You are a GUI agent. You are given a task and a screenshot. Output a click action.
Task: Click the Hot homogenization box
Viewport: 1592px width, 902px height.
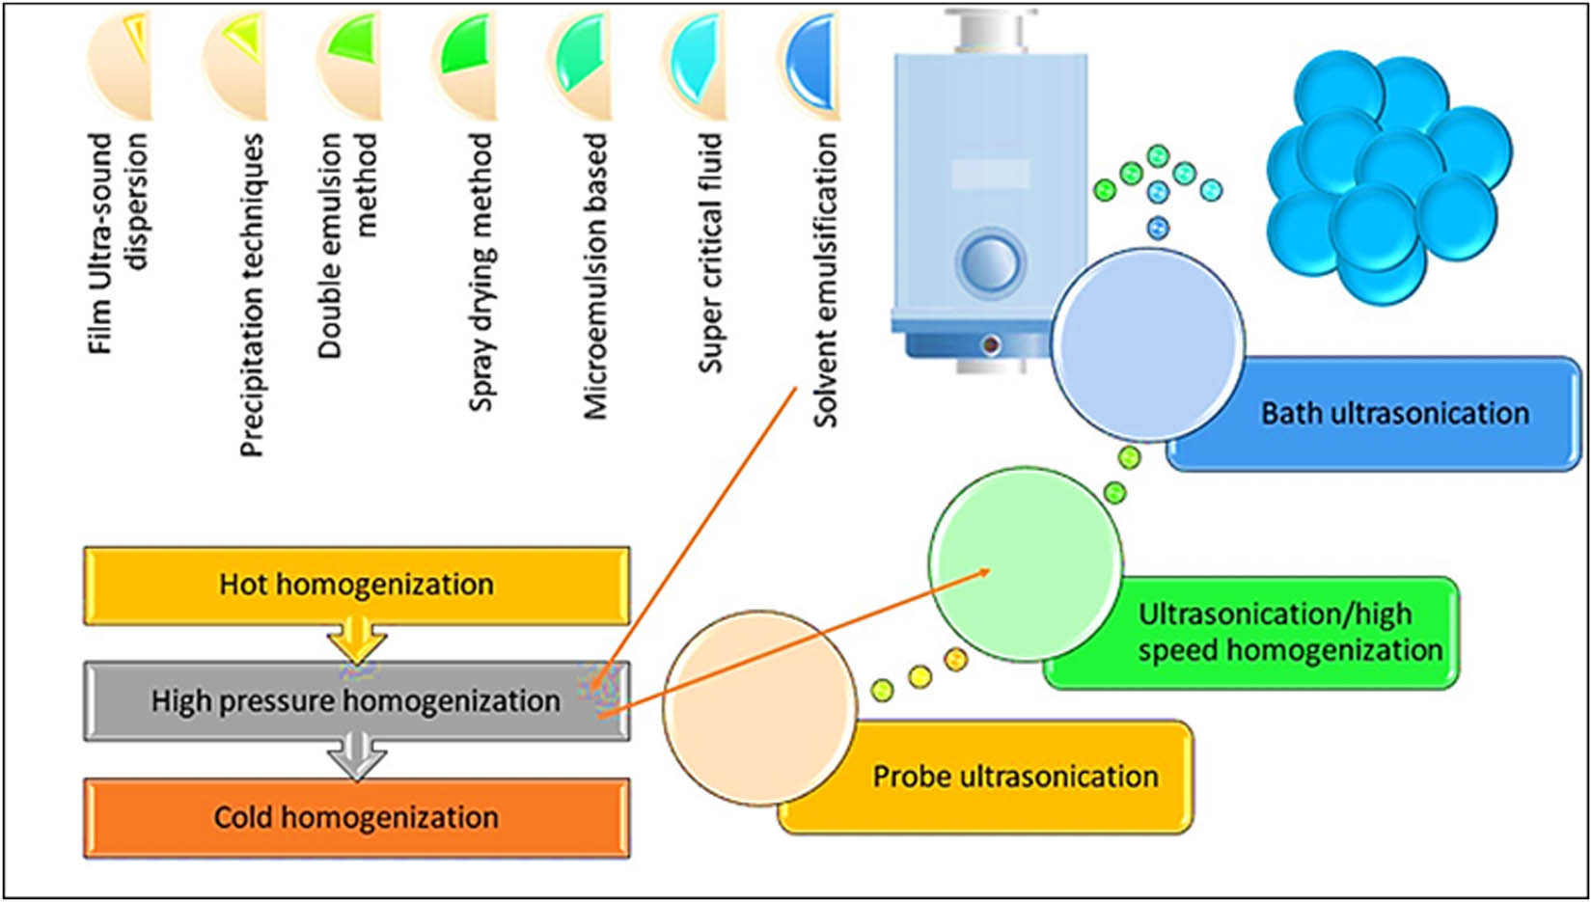point(357,585)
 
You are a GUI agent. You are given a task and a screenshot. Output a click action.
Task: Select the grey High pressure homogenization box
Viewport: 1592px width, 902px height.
point(357,701)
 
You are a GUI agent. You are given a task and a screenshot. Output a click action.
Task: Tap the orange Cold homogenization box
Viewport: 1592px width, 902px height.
point(357,818)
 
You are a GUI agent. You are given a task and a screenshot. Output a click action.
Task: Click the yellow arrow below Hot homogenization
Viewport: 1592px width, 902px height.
point(357,642)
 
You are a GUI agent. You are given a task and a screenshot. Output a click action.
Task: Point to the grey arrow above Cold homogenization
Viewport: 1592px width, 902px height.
point(357,757)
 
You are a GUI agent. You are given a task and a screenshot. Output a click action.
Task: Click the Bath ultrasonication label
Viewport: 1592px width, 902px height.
point(1394,414)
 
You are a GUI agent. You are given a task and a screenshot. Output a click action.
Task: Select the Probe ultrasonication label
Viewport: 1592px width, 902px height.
point(1015,777)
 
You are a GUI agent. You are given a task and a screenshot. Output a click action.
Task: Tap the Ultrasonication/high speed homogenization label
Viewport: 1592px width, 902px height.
point(1289,632)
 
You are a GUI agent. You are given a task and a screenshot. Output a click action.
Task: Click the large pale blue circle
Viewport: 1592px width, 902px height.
point(1147,345)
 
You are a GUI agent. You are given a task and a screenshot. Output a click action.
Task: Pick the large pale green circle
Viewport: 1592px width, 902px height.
point(1026,564)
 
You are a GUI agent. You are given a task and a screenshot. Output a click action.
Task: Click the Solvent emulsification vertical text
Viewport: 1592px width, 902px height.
point(825,280)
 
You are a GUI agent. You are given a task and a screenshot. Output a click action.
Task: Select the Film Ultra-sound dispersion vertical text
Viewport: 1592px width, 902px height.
point(118,241)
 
